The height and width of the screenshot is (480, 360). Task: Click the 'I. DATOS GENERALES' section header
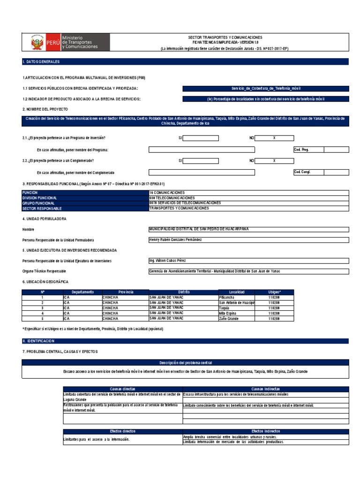point(41,62)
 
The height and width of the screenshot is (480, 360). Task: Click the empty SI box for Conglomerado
point(201,160)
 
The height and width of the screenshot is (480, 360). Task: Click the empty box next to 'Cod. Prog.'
point(336,150)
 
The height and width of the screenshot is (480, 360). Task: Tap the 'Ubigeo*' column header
point(275,292)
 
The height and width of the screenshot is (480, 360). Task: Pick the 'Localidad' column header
point(236,292)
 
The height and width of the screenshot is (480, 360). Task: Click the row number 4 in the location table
point(42,313)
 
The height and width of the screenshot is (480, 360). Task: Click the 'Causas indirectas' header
point(265,389)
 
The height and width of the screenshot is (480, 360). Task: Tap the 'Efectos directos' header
point(122,431)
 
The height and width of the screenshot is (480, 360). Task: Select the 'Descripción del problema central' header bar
point(185,362)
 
